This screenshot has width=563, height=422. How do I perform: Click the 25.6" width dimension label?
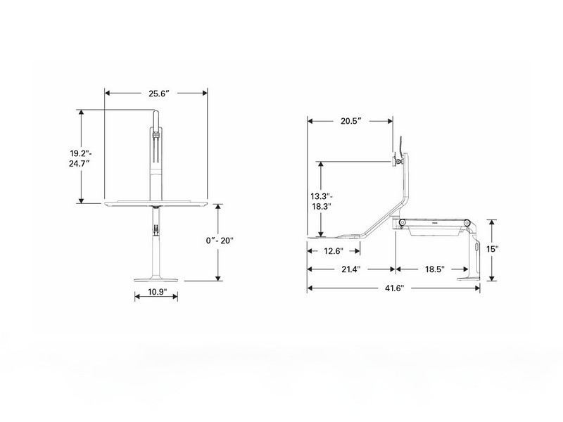pos(156,93)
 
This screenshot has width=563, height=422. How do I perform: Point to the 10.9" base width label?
pos(156,293)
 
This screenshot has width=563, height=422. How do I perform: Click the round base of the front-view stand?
pos(156,277)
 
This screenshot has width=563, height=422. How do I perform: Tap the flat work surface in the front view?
pos(156,203)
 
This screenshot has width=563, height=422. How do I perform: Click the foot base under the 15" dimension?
pos(469,276)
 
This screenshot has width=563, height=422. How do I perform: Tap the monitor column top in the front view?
pos(156,130)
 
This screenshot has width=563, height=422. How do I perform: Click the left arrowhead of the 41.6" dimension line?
pos(310,288)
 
